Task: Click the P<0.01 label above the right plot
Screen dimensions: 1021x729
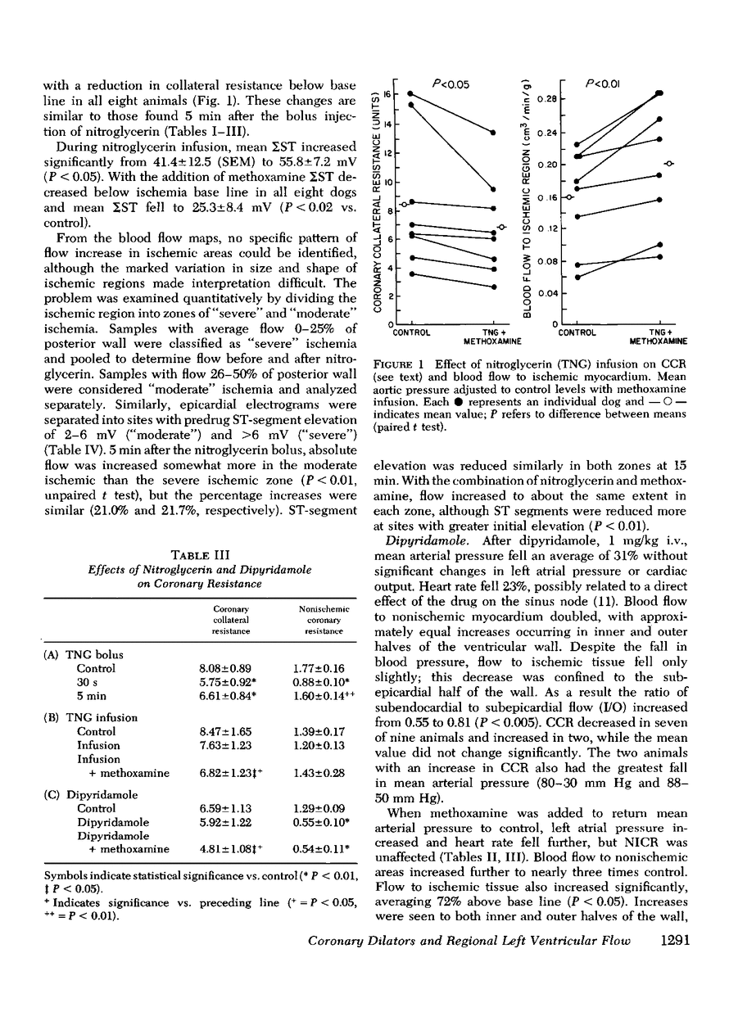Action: tap(602, 82)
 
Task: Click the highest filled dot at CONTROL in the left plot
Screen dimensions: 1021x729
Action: tap(410, 94)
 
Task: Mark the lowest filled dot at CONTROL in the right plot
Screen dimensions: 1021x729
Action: tap(577, 277)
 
